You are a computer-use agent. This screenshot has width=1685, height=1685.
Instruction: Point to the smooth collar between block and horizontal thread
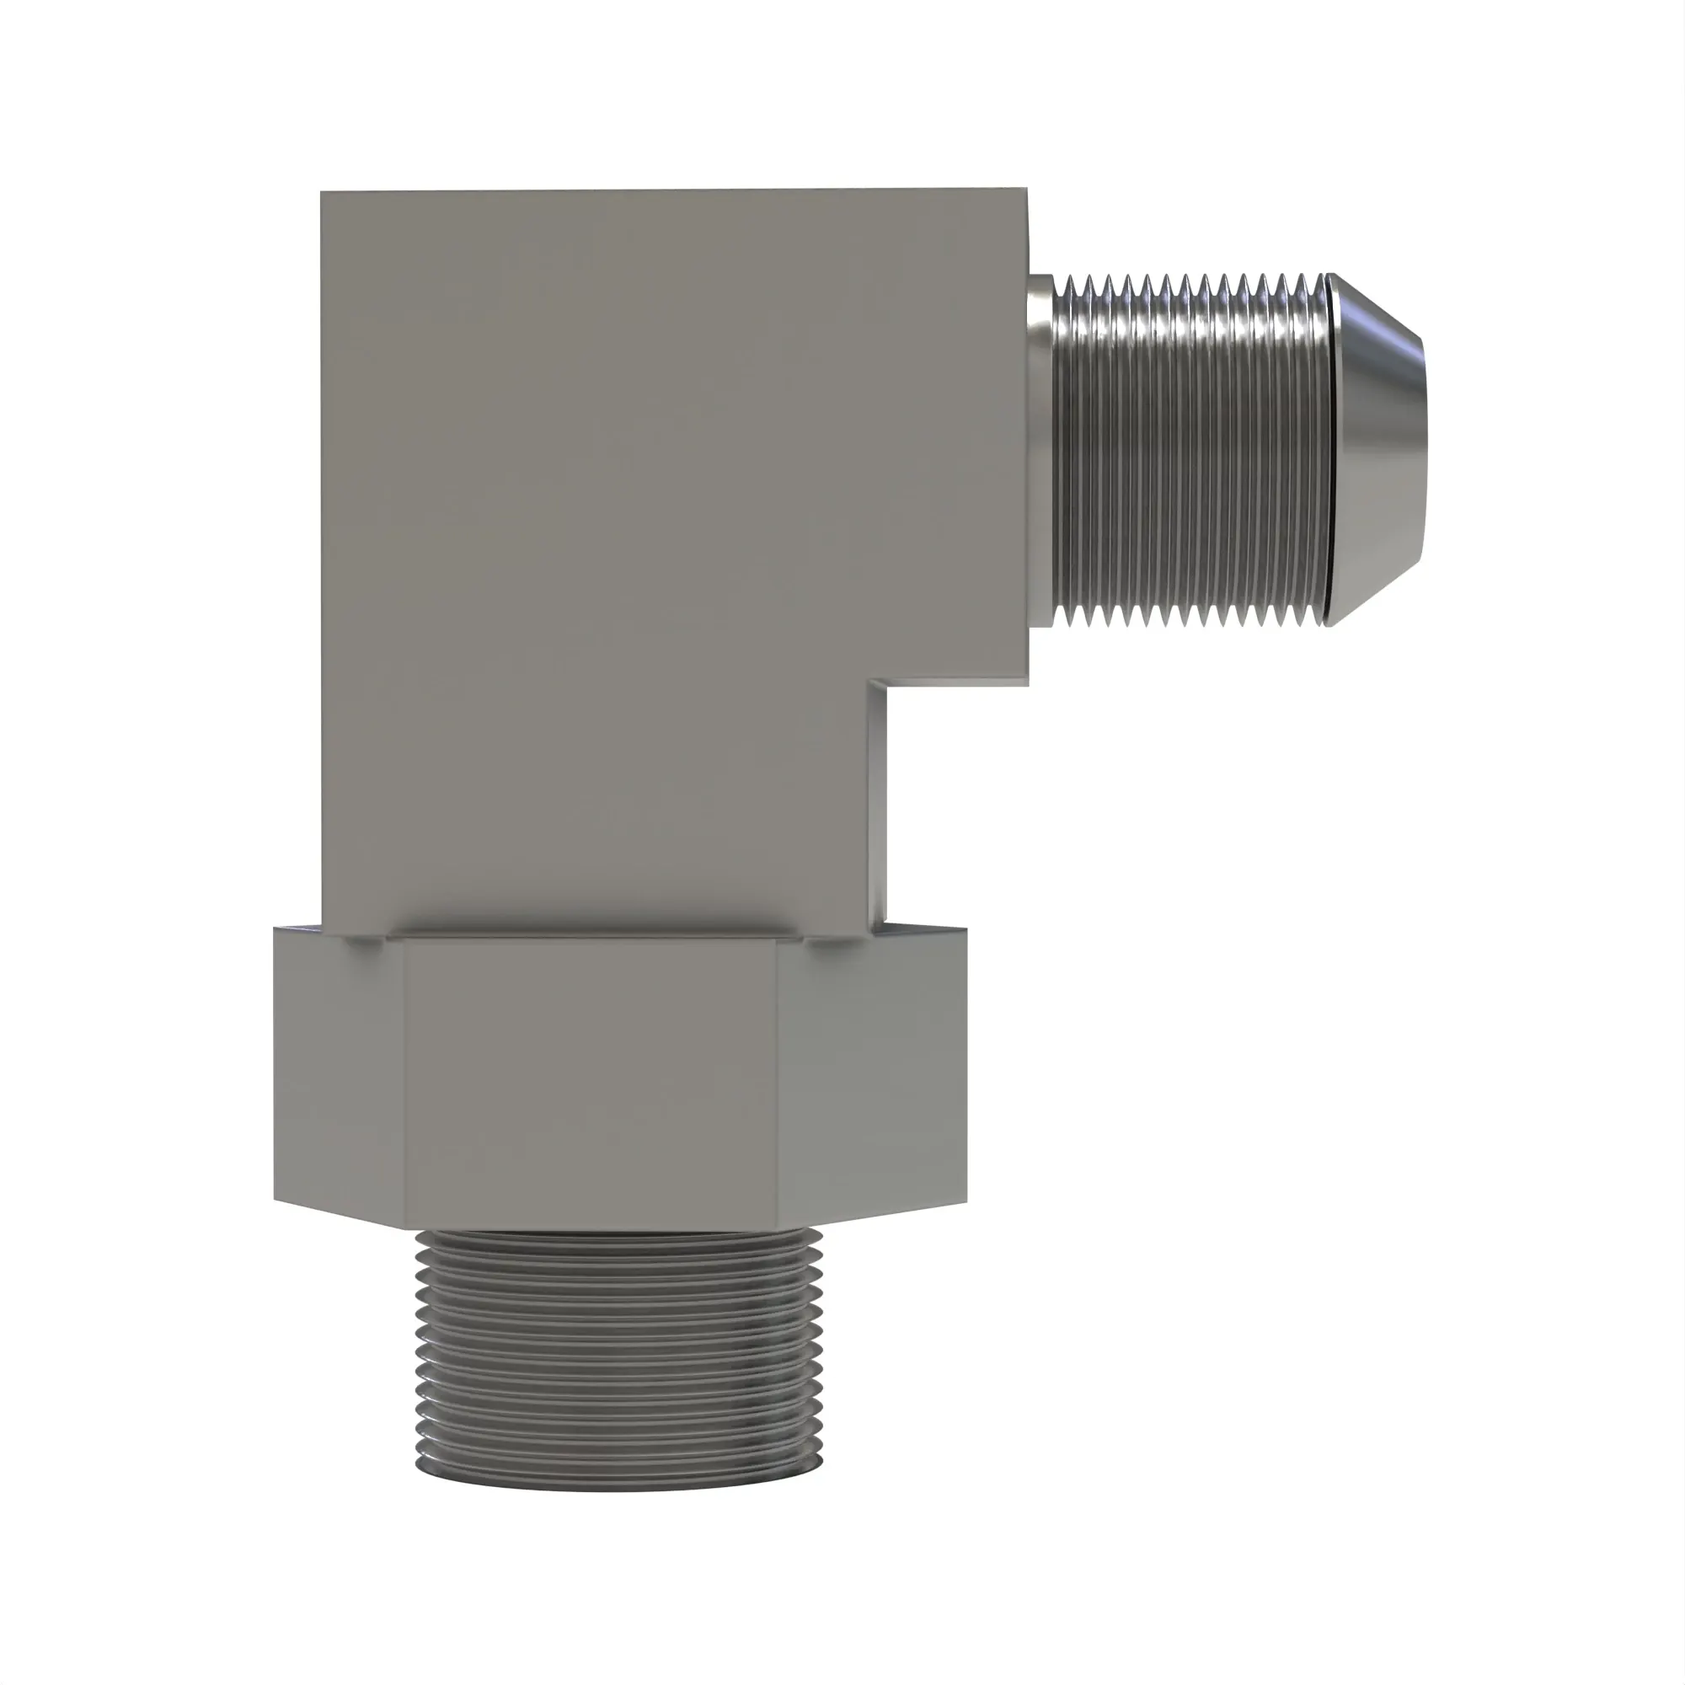1040,449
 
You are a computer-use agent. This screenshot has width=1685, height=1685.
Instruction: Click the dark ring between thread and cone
1327,449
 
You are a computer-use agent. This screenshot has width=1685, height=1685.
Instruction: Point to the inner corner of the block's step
869,683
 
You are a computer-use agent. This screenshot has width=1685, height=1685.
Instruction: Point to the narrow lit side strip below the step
878,802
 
